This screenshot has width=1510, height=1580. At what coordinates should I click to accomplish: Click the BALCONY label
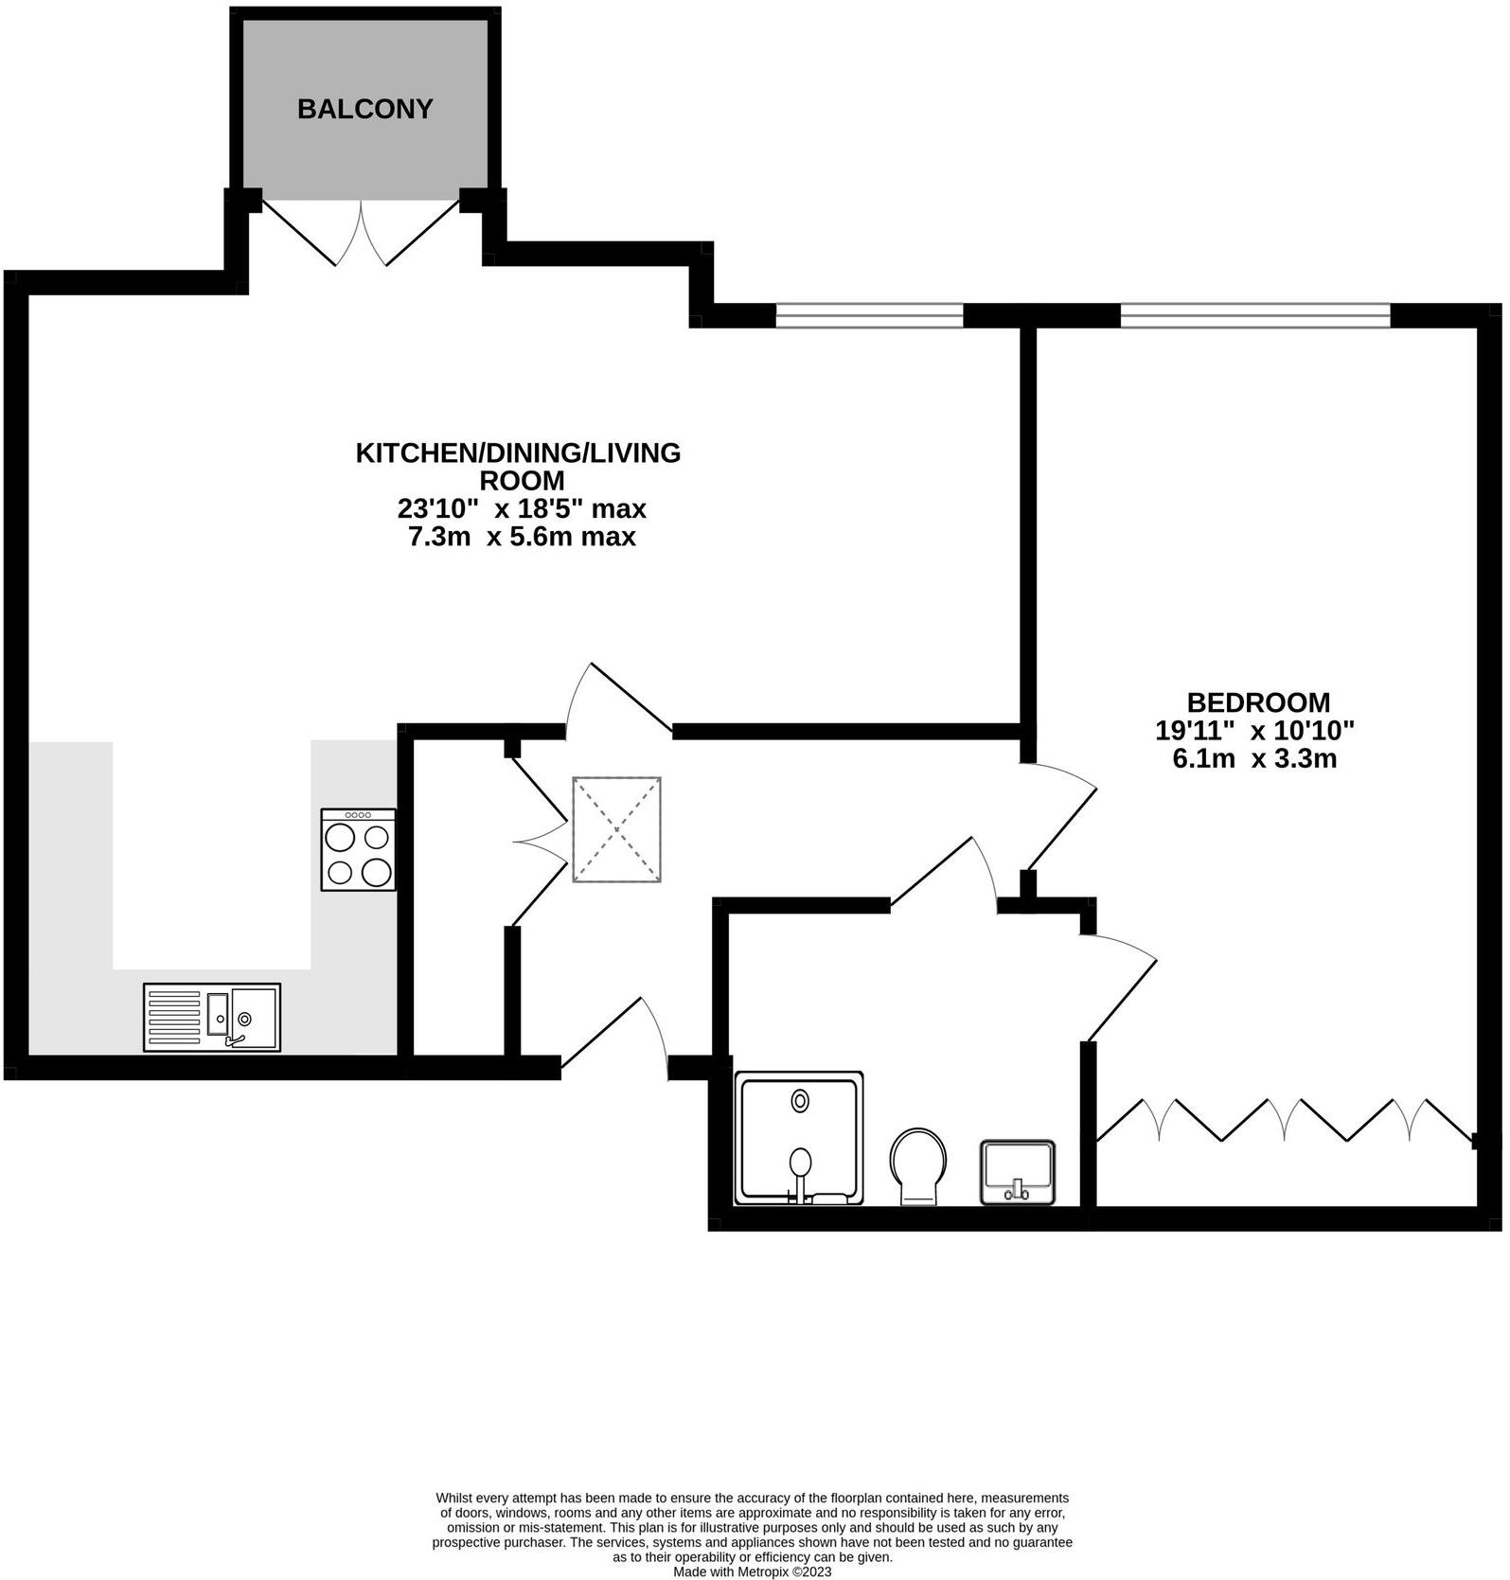coord(364,109)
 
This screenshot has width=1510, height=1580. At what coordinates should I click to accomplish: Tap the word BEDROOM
coord(1258,702)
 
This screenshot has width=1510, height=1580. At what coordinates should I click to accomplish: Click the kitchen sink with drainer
coord(212,1018)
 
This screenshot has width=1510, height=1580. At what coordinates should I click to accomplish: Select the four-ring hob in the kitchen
coord(359,849)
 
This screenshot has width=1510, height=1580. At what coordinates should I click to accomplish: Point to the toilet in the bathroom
coord(917,1164)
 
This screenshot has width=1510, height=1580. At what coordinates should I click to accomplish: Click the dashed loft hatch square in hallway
coord(616,829)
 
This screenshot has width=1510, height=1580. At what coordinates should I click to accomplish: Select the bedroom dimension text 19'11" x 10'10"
coord(1254,730)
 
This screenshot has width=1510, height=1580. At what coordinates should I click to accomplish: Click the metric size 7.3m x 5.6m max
coord(521,537)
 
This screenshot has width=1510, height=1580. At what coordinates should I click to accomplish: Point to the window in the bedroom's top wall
coord(1254,315)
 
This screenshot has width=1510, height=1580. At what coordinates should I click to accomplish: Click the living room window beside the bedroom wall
coord(869,315)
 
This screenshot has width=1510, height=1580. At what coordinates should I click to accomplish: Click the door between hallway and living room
coord(620,701)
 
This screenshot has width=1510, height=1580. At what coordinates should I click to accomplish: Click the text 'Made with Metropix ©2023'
coord(752,1571)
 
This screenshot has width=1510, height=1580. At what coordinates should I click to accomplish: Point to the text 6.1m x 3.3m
coord(1254,758)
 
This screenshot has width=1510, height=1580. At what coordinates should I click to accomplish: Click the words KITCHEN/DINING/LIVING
coord(518,453)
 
